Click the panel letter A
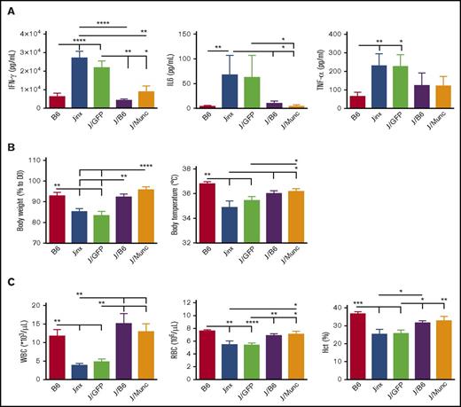(x=8, y=7)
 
